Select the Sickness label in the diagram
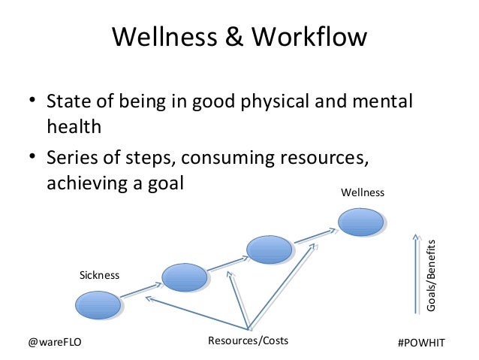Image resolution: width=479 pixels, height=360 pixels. click(100, 275)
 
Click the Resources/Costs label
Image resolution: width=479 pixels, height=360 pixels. click(247, 342)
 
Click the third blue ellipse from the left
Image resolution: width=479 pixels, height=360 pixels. click(273, 249)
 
